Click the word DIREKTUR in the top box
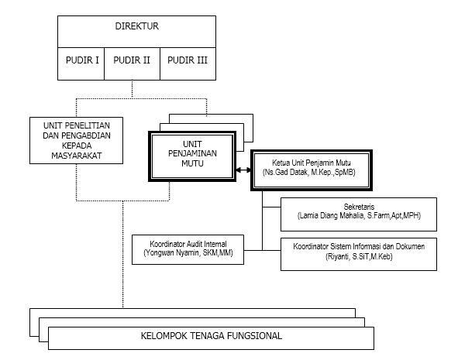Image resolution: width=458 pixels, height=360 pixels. [x=136, y=26]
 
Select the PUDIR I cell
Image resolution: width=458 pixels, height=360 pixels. [x=81, y=64]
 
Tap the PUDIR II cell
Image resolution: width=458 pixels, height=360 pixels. [x=132, y=64]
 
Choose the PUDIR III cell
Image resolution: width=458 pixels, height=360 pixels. [x=188, y=64]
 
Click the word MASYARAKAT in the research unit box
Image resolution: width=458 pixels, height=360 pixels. [x=77, y=156]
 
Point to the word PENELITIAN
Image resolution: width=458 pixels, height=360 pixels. [x=87, y=125]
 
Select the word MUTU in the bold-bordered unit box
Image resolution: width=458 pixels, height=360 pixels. [x=192, y=163]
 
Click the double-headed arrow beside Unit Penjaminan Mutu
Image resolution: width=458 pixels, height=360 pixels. [x=243, y=170]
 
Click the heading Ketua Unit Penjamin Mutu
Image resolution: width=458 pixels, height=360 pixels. [x=312, y=163]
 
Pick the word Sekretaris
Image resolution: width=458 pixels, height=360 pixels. [x=359, y=207]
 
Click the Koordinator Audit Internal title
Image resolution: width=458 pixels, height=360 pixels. [x=188, y=244]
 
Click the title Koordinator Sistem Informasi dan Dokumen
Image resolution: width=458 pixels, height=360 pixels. [x=359, y=246]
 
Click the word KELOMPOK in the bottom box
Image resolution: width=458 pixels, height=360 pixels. [x=164, y=336]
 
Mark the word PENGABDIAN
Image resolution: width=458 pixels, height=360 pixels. [x=88, y=135]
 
